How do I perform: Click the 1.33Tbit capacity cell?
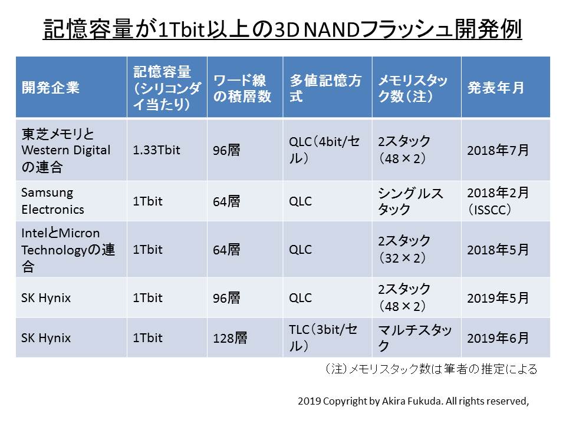coord(157,150)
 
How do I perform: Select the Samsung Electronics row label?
coord(53,201)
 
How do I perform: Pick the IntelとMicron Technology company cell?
coord(68,250)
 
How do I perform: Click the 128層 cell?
coord(231,339)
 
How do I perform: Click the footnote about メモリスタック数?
coord(430,369)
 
